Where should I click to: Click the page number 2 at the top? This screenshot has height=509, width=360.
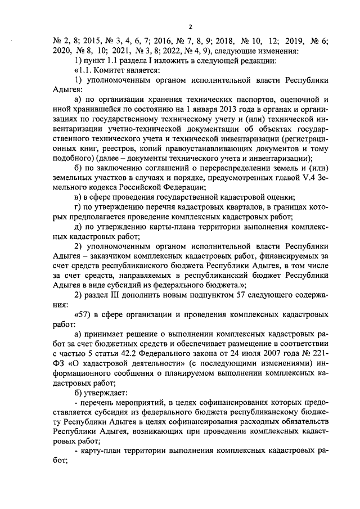pos(190,27)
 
